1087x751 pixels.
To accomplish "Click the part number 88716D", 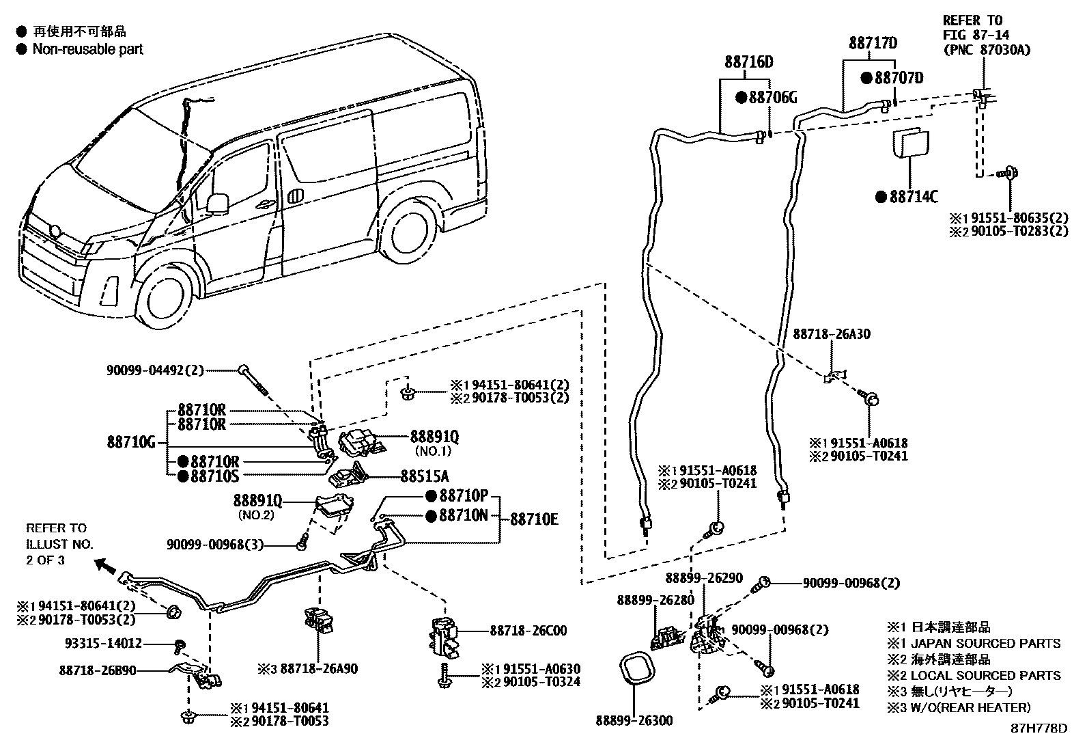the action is tap(749, 62).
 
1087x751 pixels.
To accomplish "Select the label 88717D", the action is tap(873, 43).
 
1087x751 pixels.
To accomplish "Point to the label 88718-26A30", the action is tap(832, 334).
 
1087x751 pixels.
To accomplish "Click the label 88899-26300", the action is tap(634, 721).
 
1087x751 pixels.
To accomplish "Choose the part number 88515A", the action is tap(425, 476).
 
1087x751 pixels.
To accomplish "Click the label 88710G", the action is tap(131, 443).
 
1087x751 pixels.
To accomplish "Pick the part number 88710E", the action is tap(534, 519).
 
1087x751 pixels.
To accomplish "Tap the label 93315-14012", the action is tap(103, 644).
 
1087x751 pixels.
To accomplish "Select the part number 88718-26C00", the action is tap(528, 631).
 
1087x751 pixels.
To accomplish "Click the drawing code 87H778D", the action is tap(1039, 728).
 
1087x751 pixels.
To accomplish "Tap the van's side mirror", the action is tap(217, 203).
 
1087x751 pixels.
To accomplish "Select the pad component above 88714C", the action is tap(911, 142).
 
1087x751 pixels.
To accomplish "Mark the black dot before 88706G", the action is tap(741, 98).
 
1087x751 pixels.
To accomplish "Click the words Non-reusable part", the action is tap(88, 50).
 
